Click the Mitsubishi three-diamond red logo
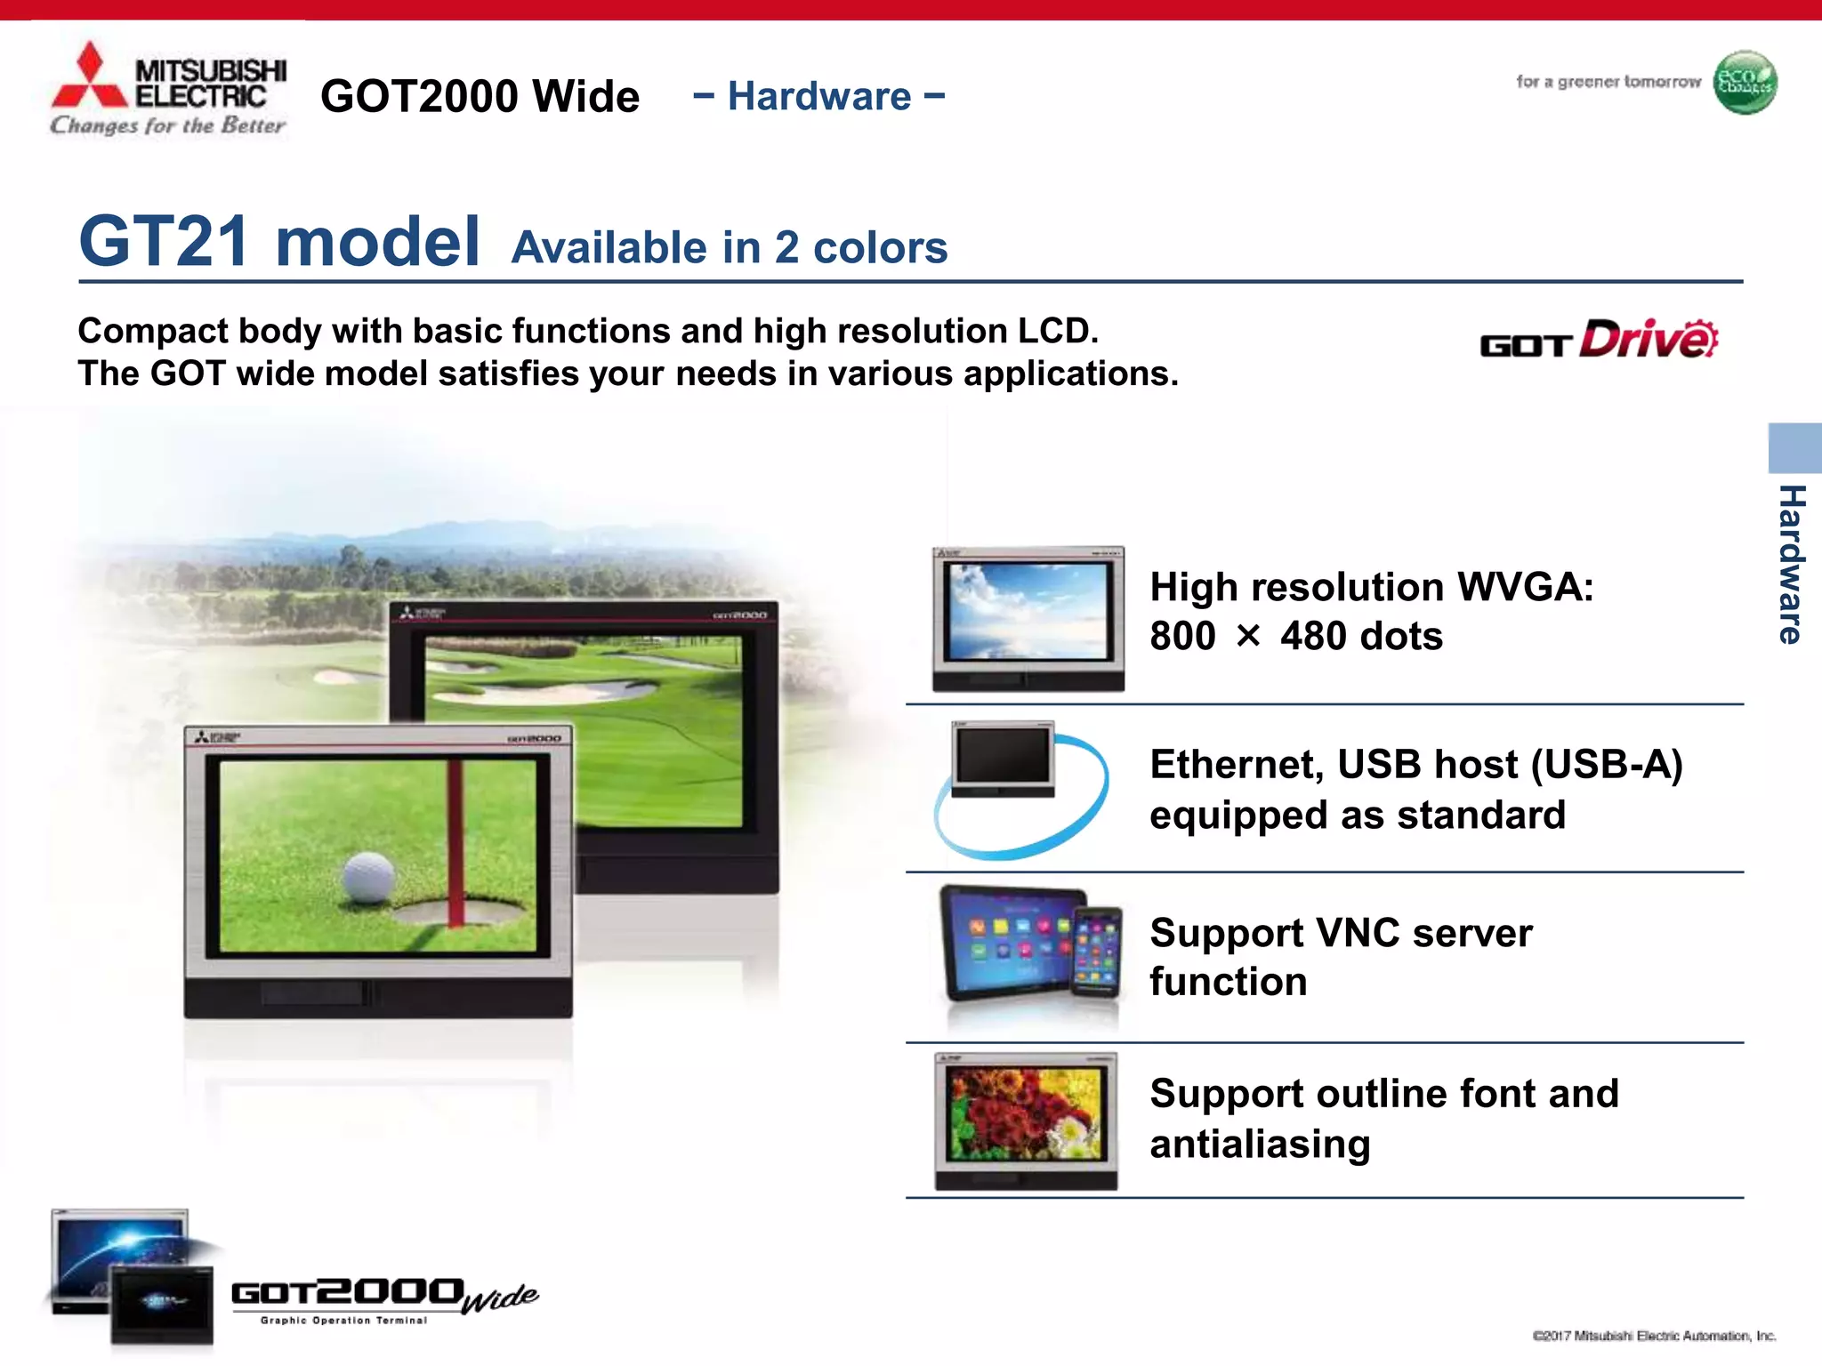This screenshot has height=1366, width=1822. (89, 78)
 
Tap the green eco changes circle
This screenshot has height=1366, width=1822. (1745, 83)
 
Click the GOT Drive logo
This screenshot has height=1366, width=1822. (1599, 340)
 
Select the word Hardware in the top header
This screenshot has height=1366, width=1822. (818, 96)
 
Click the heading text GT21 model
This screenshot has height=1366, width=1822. (279, 241)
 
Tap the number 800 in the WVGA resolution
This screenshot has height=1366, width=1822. (1182, 637)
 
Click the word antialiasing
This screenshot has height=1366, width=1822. (1260, 1144)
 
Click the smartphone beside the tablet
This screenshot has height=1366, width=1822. (1098, 952)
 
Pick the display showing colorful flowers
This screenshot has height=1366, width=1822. (1026, 1119)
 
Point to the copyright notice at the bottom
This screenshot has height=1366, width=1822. (1654, 1336)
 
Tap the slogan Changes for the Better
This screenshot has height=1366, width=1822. (167, 125)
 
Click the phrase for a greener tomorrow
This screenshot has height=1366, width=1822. (1608, 82)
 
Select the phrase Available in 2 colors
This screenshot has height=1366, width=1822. (730, 247)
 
